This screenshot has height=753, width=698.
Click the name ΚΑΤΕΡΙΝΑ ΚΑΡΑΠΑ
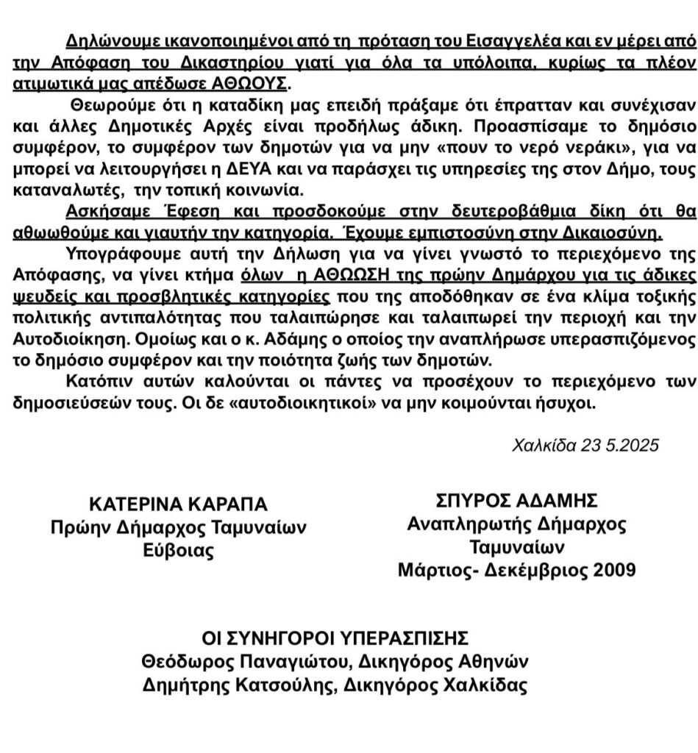pos(178,504)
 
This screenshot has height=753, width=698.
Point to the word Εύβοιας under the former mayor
pos(178,551)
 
